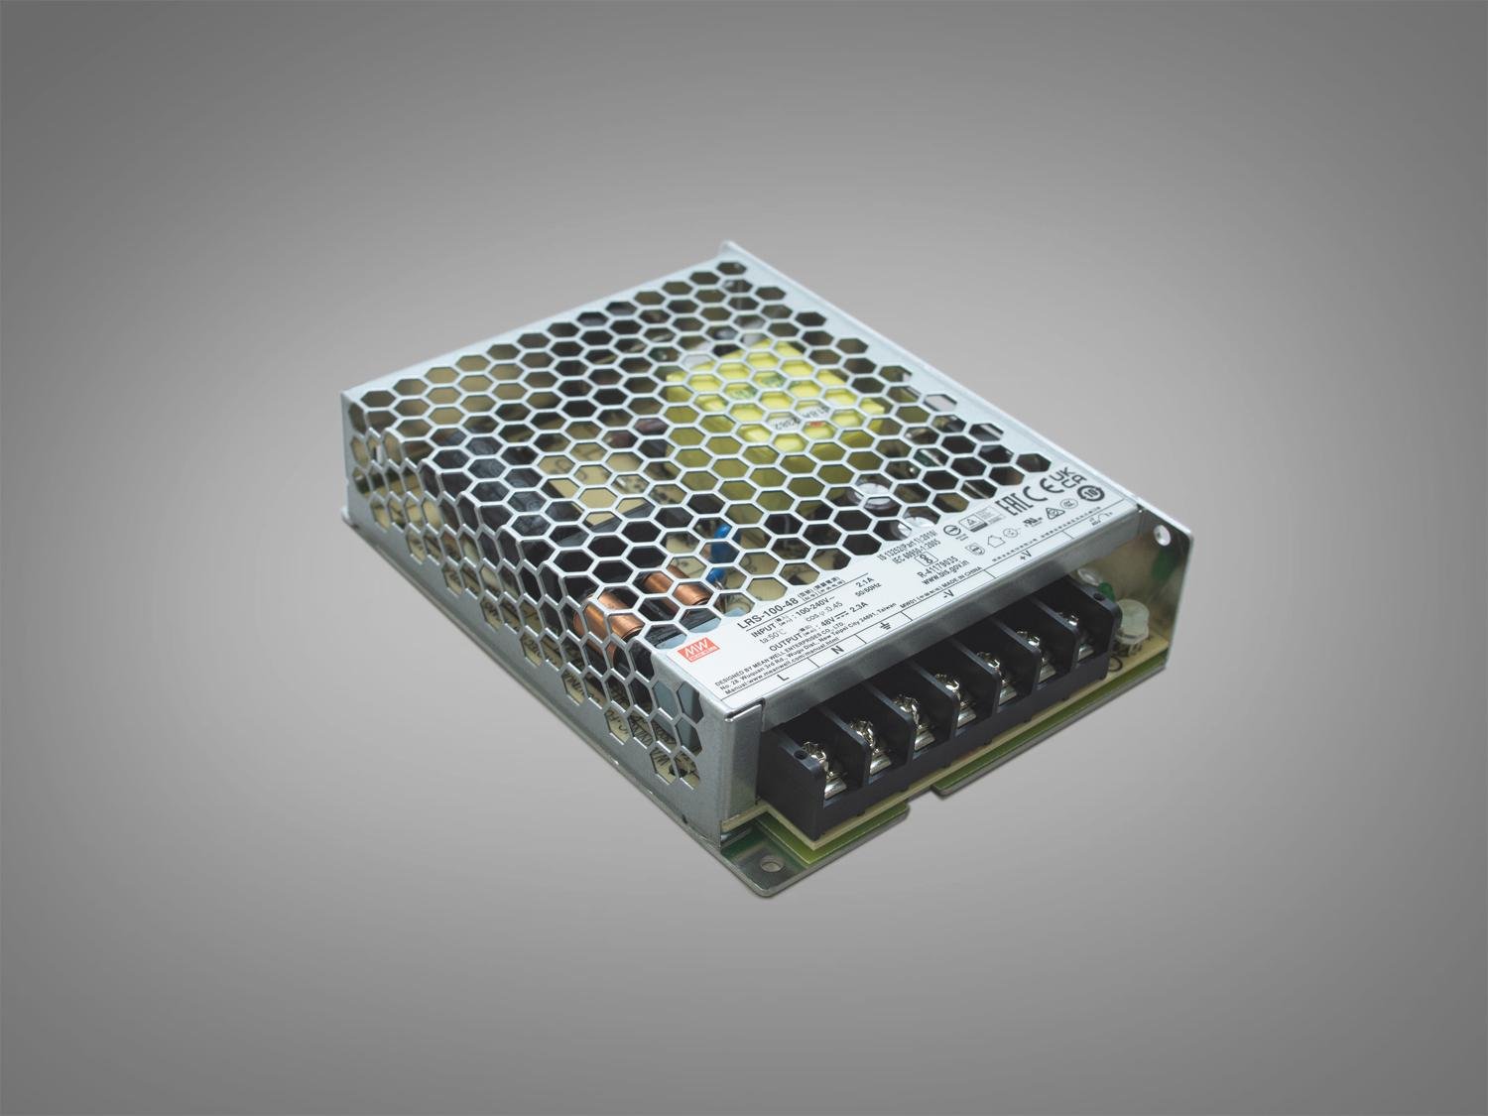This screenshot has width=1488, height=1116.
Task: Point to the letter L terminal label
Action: click(x=784, y=678)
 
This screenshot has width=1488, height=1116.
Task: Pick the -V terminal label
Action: click(x=951, y=597)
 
